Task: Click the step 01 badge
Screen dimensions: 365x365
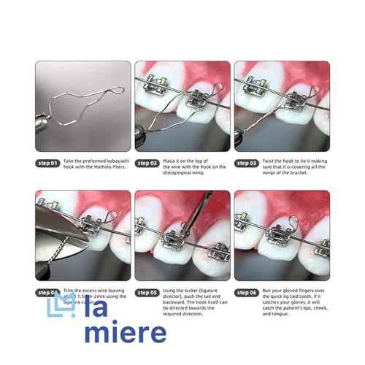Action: pos(47,164)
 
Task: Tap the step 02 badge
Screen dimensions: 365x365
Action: pos(148,164)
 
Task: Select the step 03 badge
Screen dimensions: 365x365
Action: pos(246,164)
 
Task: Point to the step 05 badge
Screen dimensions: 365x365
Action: pos(148,293)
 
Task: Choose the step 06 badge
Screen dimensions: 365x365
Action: pos(246,293)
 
